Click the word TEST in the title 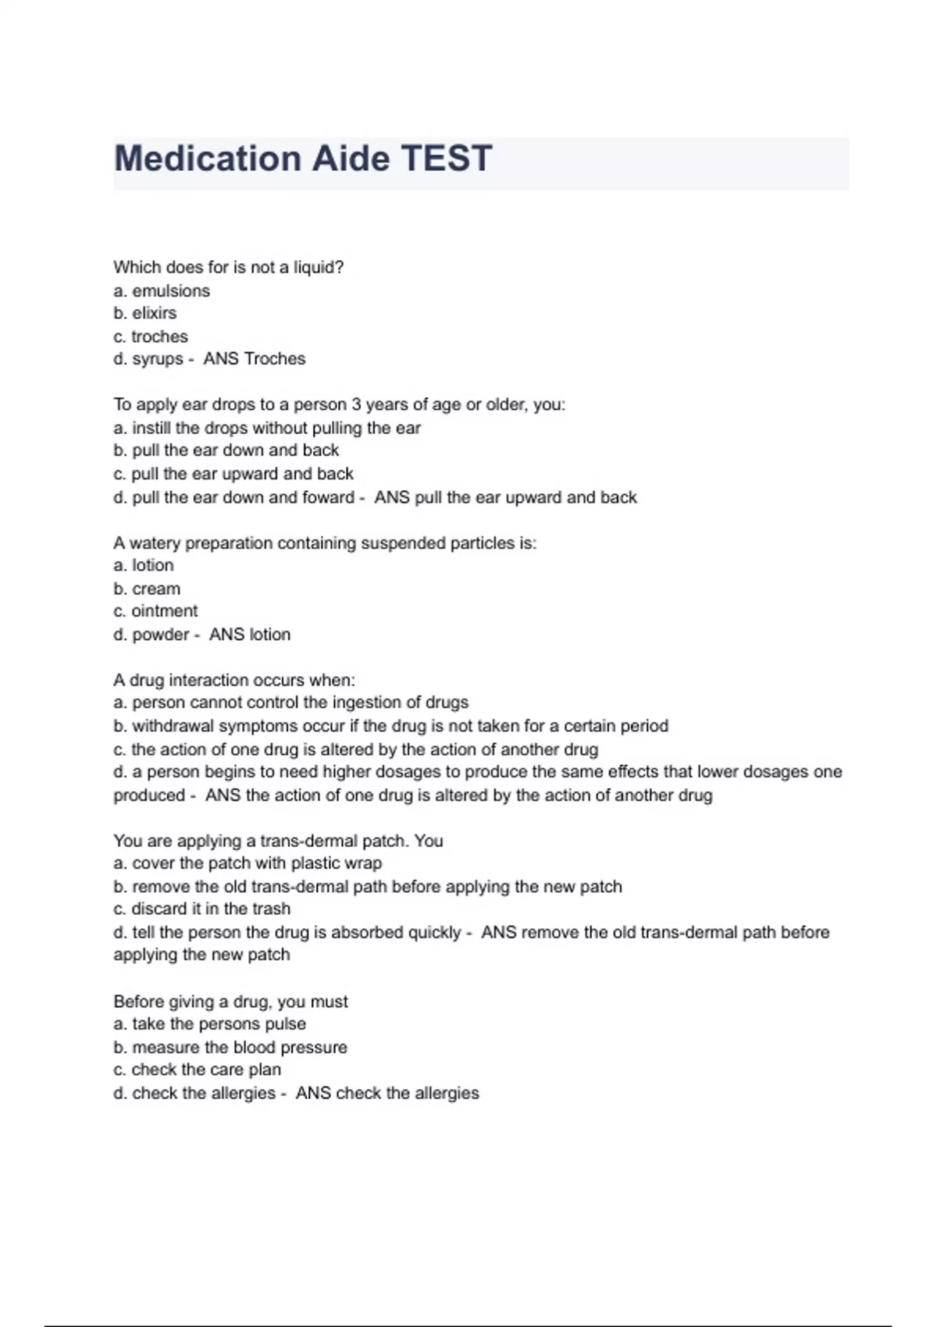pos(446,158)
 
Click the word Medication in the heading pos(208,158)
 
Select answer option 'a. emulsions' pos(162,291)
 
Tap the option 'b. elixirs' pos(145,313)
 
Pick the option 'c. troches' pos(151,336)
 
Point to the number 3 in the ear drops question pos(356,404)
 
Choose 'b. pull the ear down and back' pos(226,450)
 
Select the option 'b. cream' pos(147,589)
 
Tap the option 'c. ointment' pos(155,611)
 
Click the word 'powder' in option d pos(161,635)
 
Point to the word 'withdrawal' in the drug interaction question pos(173,726)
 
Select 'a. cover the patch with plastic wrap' pos(248,863)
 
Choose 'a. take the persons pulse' pos(209,1024)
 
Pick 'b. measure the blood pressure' pos(230,1048)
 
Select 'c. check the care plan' pos(197,1070)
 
